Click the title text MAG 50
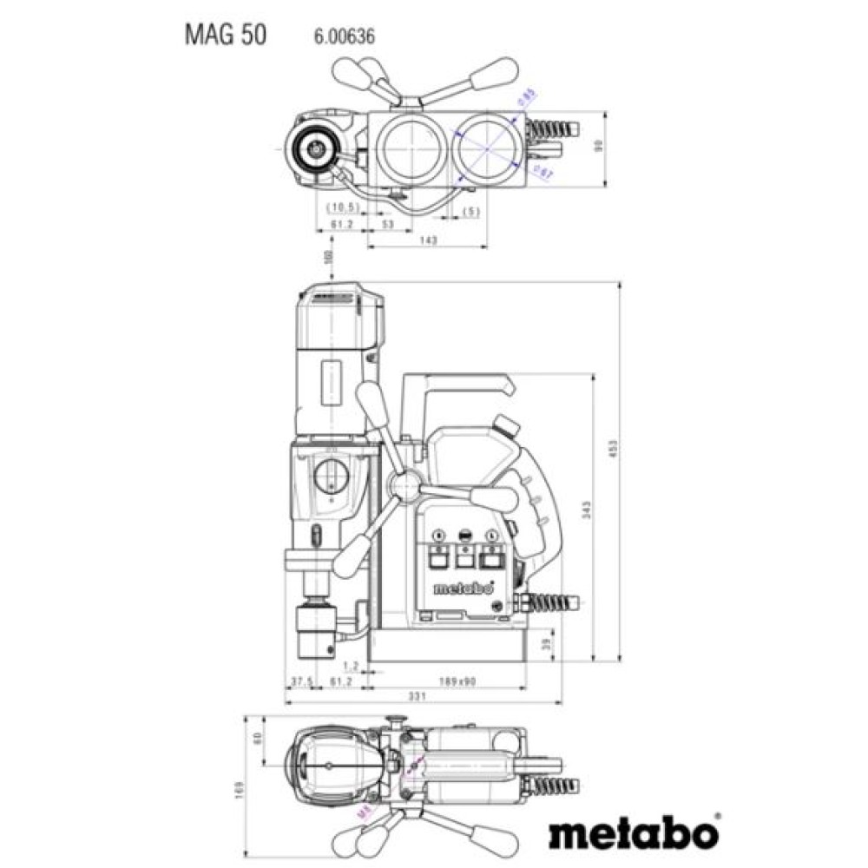(225, 35)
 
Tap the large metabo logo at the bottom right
(635, 832)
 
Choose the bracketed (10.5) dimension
(343, 207)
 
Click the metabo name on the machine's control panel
(459, 589)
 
